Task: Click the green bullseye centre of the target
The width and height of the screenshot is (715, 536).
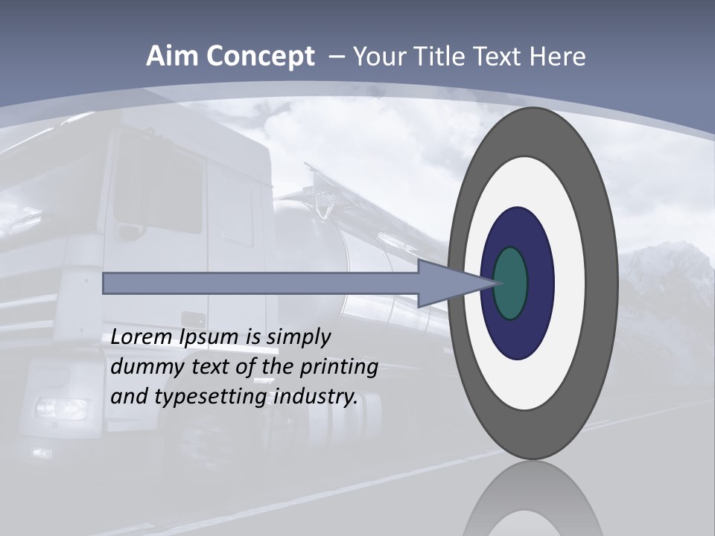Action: coord(511,283)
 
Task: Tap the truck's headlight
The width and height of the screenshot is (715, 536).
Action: coord(61,408)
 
